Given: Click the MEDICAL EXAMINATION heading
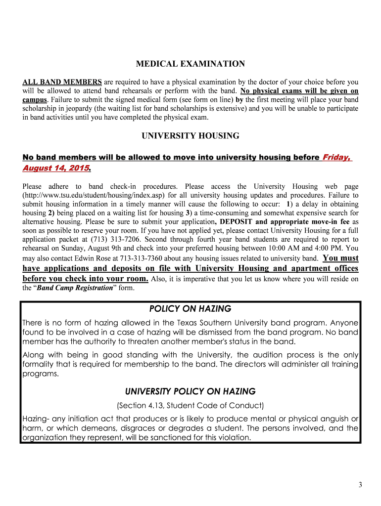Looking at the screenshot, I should [x=190, y=64].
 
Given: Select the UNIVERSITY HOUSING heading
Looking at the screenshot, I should [x=190, y=135].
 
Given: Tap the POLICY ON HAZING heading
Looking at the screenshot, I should [x=190, y=309].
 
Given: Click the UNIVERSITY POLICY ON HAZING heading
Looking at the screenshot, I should [x=190, y=391].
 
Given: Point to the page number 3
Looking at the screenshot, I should [x=361, y=485].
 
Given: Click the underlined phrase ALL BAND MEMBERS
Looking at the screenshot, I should [x=62, y=82].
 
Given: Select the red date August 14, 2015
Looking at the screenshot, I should [x=56, y=169].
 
